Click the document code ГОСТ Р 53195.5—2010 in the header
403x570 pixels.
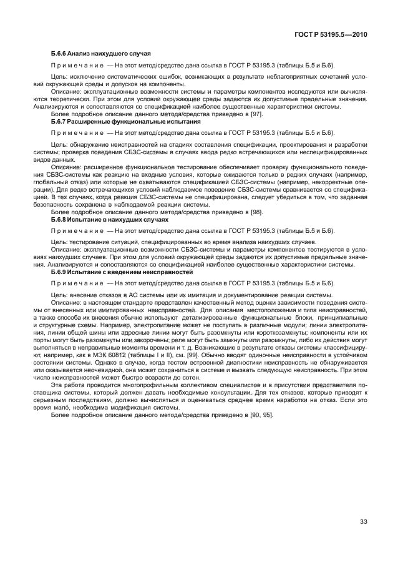[334, 34]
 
